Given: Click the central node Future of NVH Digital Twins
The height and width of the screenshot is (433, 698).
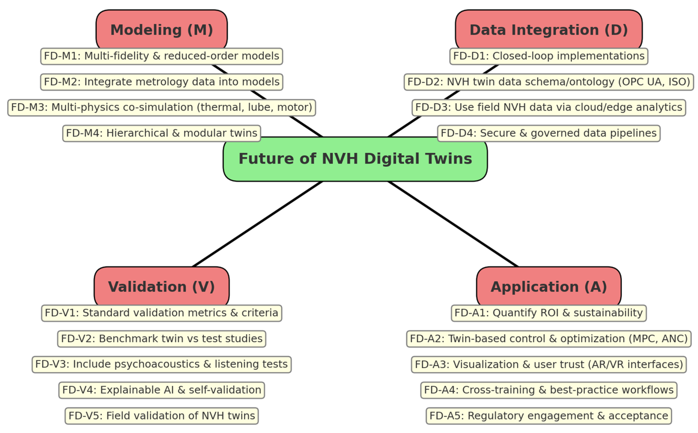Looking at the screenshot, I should pos(355,159).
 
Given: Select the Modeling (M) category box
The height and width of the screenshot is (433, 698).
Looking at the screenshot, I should pos(161,30).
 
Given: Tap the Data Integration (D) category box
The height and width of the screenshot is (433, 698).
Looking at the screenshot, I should pos(548,30).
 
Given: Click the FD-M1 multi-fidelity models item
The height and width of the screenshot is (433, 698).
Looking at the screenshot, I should pos(161,56).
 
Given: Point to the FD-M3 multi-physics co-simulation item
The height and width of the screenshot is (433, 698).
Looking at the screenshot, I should pos(161,107).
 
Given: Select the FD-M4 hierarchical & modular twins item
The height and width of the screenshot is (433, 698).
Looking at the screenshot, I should pos(161,133).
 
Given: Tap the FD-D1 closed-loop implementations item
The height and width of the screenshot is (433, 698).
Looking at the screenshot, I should pos(548,56).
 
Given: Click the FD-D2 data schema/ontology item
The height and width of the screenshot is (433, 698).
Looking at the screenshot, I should pos(548,82).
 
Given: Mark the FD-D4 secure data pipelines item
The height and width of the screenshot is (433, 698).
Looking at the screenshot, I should pos(548,133).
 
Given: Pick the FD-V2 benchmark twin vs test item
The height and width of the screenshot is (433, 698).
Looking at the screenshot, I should pos(161,339).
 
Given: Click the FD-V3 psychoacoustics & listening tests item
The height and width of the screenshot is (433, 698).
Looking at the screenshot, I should pos(161,364).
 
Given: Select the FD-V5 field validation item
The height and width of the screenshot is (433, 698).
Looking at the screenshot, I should pos(161,416).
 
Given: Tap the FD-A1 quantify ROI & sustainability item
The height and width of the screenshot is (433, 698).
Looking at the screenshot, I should pos(548,313).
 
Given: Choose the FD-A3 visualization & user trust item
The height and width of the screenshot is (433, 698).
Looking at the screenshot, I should pos(548,364).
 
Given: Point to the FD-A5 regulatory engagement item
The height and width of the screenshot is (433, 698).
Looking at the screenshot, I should pos(548,416).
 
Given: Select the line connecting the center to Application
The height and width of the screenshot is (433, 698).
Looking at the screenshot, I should pos(453,224).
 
